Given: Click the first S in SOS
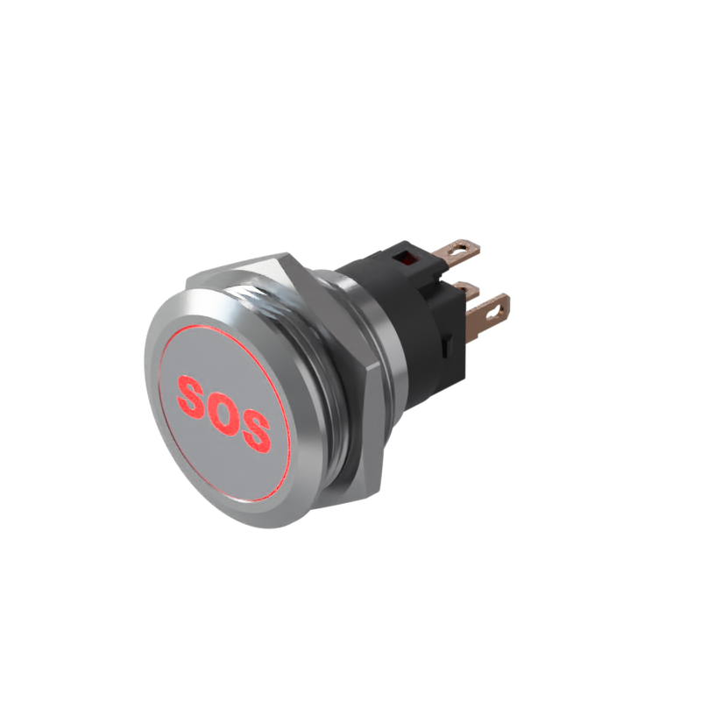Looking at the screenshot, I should (193, 396).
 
